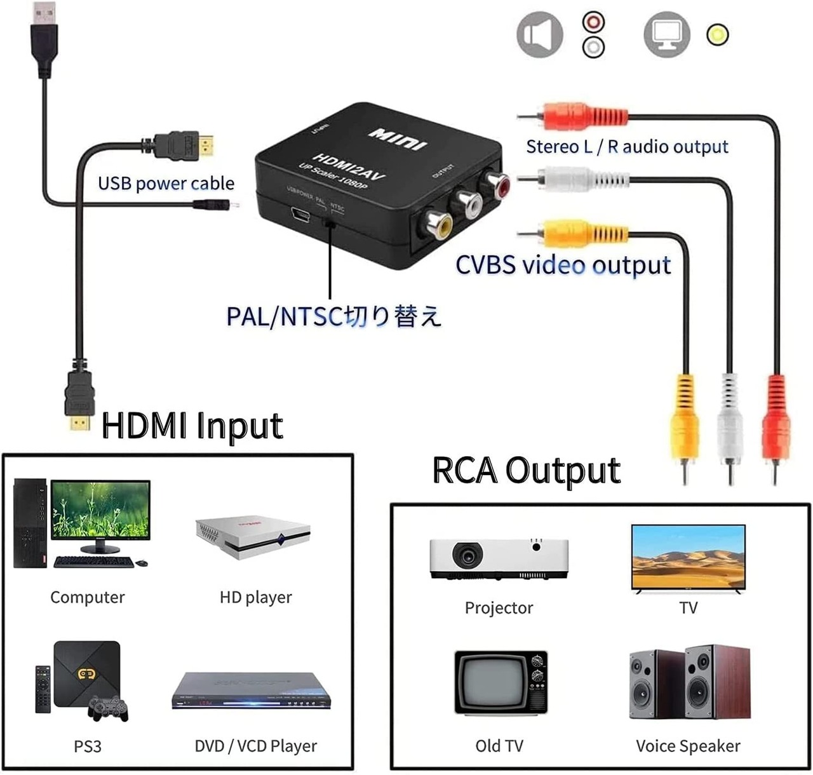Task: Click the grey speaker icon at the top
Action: [540, 34]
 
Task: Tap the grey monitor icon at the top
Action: [667, 34]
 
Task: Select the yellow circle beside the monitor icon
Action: [718, 34]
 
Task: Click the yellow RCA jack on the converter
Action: [438, 223]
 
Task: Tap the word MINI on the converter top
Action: [396, 138]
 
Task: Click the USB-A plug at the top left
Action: [43, 38]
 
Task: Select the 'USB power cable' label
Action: [166, 184]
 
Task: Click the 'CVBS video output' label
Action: [563, 265]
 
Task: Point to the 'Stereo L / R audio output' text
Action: [627, 147]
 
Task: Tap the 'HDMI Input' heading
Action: [192, 426]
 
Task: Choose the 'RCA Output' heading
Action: [526, 471]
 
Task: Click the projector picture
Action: [499, 558]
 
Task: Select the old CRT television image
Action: [501, 683]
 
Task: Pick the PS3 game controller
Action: [108, 708]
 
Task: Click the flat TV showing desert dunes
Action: [688, 558]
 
